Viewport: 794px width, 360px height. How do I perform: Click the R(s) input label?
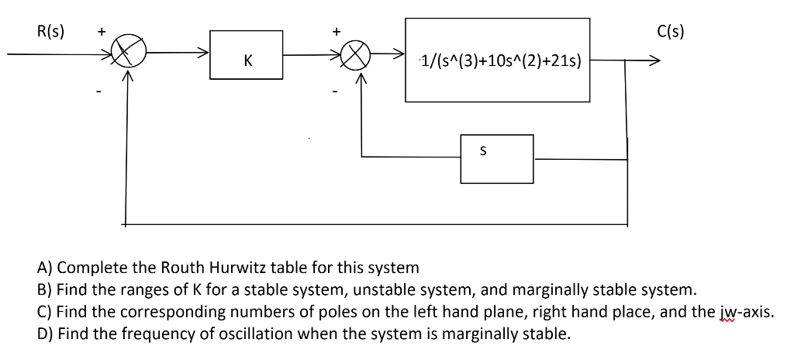[51, 32]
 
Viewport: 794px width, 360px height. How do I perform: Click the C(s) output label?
[669, 32]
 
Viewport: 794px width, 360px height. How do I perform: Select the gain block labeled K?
[247, 59]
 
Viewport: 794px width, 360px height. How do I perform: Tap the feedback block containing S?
[496, 158]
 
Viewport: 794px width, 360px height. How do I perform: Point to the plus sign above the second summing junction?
[336, 33]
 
